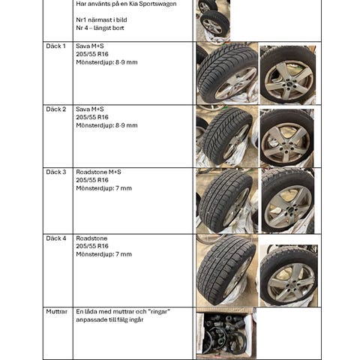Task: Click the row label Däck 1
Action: pyautogui.click(x=55, y=46)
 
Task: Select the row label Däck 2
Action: pyautogui.click(x=56, y=109)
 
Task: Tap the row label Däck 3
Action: pyautogui.click(x=56, y=172)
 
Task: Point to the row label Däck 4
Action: pyautogui.click(x=56, y=238)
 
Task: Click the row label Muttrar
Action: pyautogui.click(x=57, y=312)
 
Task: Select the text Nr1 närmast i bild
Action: pyautogui.click(x=101, y=20)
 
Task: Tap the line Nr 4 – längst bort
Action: pyautogui.click(x=100, y=28)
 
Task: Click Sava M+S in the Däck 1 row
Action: pyautogui.click(x=90, y=46)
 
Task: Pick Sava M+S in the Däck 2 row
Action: pyautogui.click(x=90, y=109)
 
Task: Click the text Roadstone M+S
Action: pyautogui.click(x=98, y=172)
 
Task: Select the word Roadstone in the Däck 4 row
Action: pyautogui.click(x=91, y=238)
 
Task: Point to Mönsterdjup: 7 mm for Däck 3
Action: pyautogui.click(x=104, y=188)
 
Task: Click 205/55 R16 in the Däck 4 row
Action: pyautogui.click(x=92, y=246)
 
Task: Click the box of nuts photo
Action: pyautogui.click(x=226, y=334)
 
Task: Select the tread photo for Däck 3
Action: pyautogui.click(x=227, y=201)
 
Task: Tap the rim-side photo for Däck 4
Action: pyautogui.click(x=289, y=275)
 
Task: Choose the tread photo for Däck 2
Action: pyautogui.click(x=227, y=136)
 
